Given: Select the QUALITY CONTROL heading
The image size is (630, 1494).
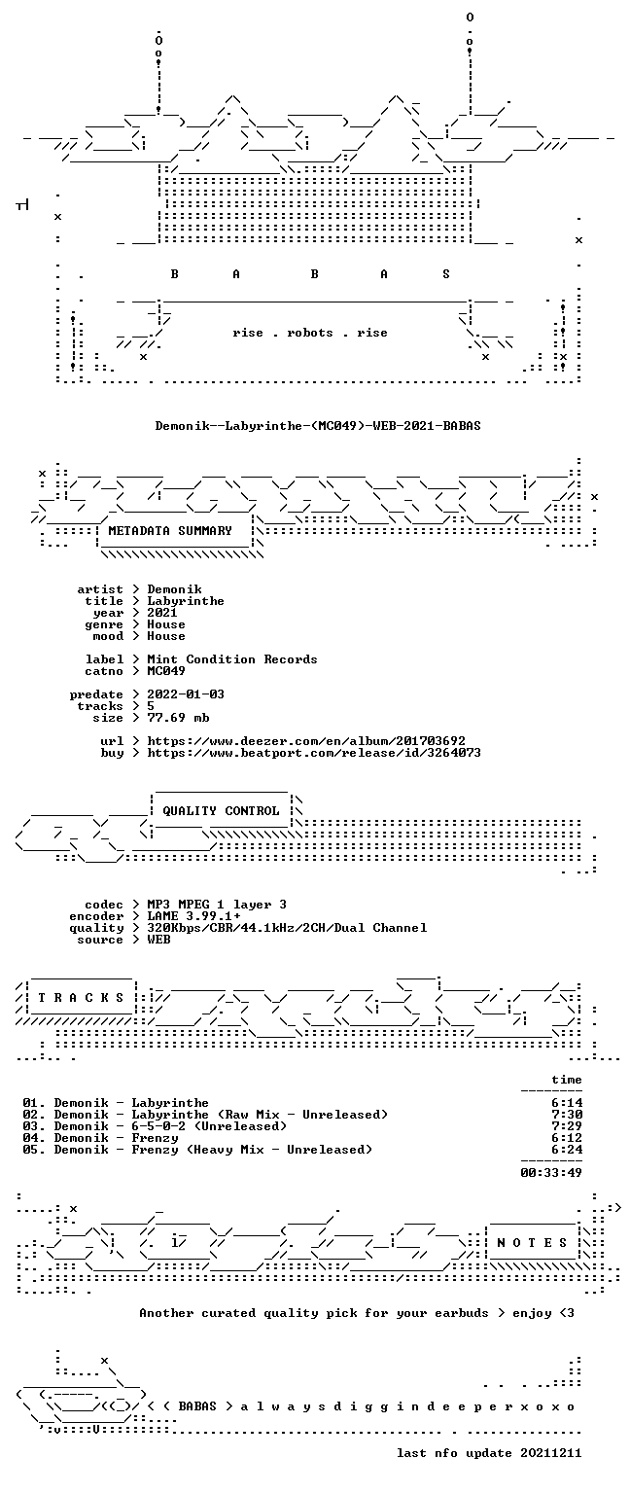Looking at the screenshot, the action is click(x=221, y=811).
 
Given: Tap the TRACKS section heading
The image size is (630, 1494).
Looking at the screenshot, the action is click(x=81, y=998).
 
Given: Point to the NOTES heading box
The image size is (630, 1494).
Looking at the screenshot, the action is click(x=532, y=1242).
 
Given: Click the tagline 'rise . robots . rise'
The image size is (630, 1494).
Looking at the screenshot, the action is click(x=310, y=333).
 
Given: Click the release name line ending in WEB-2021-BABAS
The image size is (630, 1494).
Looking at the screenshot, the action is click(x=318, y=425).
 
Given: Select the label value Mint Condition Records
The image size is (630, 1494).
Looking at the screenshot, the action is click(x=232, y=659).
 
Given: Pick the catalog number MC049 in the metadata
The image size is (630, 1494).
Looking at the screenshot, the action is click(x=166, y=671).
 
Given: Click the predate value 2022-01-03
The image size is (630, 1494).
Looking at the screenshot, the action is click(x=186, y=694).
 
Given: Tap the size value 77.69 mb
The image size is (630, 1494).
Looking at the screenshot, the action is click(x=178, y=718).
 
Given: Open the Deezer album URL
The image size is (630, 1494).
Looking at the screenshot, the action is click(x=306, y=741).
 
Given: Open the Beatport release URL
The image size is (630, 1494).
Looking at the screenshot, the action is click(x=314, y=753).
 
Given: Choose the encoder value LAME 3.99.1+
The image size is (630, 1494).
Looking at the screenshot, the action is click(x=193, y=916).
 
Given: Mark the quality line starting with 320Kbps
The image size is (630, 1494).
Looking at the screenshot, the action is click(x=287, y=928).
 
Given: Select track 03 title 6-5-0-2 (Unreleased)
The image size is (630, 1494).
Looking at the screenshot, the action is click(x=209, y=1126).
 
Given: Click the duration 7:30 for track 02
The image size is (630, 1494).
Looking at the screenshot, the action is click(x=567, y=1115).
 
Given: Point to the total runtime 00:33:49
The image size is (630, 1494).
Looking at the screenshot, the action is click(x=551, y=1173).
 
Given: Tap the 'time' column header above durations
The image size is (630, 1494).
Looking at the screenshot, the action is click(x=567, y=1080).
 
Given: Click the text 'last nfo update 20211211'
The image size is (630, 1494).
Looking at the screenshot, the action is click(x=489, y=1453).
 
